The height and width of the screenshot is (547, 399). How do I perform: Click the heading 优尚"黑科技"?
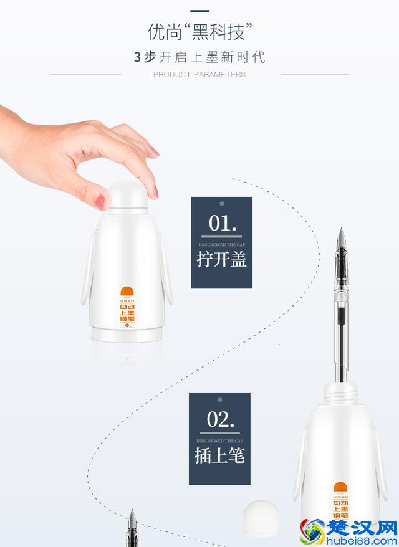[199, 31]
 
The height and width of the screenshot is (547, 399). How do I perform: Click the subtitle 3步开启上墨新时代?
[199, 57]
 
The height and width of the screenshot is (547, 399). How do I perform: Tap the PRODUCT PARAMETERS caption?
[199, 75]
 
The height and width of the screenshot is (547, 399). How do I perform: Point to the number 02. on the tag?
[221, 419]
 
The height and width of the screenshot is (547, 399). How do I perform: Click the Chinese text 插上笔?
[220, 455]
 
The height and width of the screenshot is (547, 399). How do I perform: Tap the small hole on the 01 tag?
[221, 203]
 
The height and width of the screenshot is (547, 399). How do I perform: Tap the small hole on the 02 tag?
[220, 399]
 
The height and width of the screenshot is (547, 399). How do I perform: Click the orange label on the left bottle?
[127, 307]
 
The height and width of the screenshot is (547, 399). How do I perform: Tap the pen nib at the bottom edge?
[132, 526]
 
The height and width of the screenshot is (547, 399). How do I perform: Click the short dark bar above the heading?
[199, 11]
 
